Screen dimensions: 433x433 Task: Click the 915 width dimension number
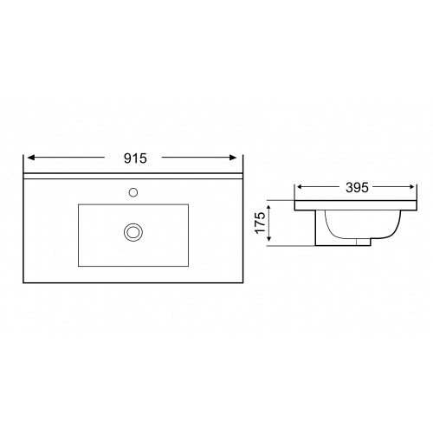pyautogui.click(x=135, y=158)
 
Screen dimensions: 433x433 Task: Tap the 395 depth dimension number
pyautogui.click(x=357, y=188)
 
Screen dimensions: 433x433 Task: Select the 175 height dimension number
pyautogui.click(x=260, y=223)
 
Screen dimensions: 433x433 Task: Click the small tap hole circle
pyautogui.click(x=133, y=192)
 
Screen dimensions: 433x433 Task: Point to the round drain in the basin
pyautogui.click(x=133, y=232)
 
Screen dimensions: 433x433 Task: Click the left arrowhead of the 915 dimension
pyautogui.click(x=31, y=158)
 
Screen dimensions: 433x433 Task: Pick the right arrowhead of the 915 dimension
pyautogui.click(x=233, y=158)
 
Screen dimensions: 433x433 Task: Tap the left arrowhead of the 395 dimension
pyautogui.click(x=301, y=187)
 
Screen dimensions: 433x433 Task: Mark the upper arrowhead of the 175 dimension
pyautogui.click(x=268, y=209)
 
